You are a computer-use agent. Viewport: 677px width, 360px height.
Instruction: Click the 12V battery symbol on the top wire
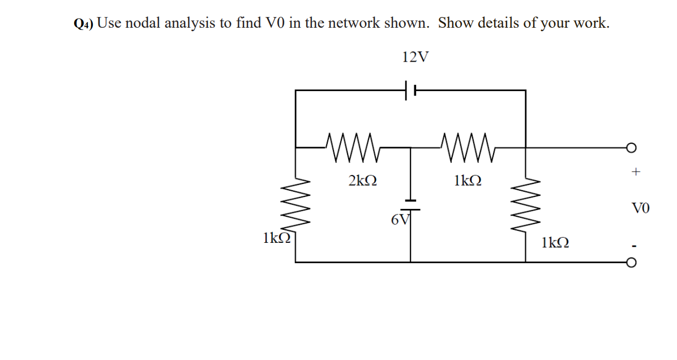(410, 90)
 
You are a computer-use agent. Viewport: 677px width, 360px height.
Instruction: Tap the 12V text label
(415, 57)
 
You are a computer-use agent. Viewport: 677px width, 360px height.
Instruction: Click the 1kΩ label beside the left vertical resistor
(276, 238)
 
